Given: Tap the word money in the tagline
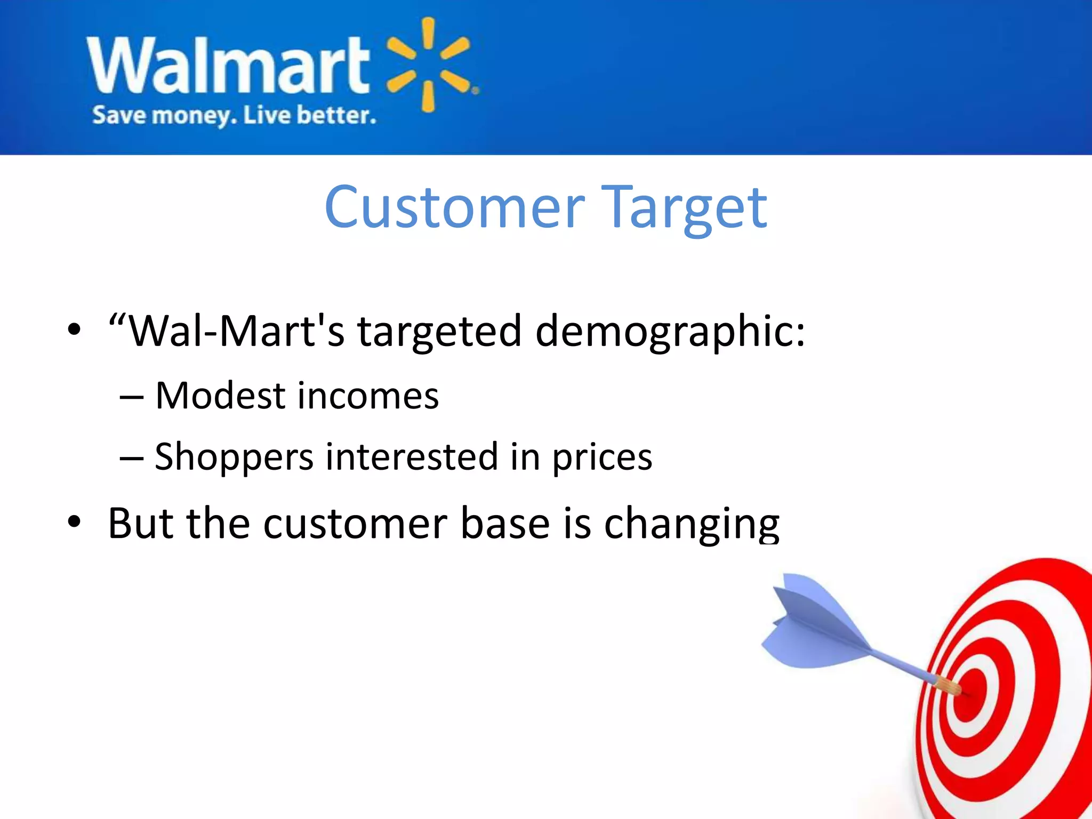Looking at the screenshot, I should click(x=194, y=116).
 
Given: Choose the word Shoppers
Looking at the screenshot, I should click(x=234, y=457).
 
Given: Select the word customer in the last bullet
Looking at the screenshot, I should click(x=355, y=524).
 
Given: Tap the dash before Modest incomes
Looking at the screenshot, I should click(x=132, y=397).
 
